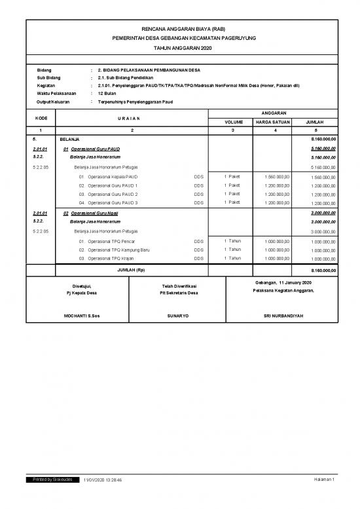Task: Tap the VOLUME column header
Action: pos(234,122)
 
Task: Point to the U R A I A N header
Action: pos(132,118)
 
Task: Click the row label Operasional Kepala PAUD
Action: pos(113,177)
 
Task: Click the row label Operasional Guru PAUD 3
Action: pos(113,203)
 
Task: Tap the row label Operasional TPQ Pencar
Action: pos(111,241)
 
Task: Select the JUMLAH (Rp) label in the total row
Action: pos(132,271)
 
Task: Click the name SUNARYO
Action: pos(179,316)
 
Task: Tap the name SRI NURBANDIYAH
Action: pos(283,316)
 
